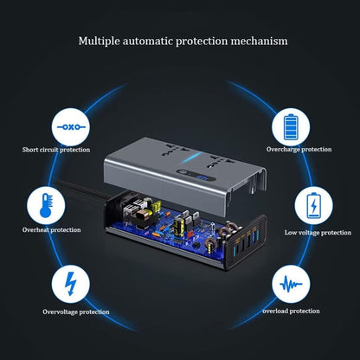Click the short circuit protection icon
67,126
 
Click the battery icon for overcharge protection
291,126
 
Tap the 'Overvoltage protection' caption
75,312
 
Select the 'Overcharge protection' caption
299,148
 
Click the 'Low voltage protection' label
318,232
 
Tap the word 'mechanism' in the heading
258,41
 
